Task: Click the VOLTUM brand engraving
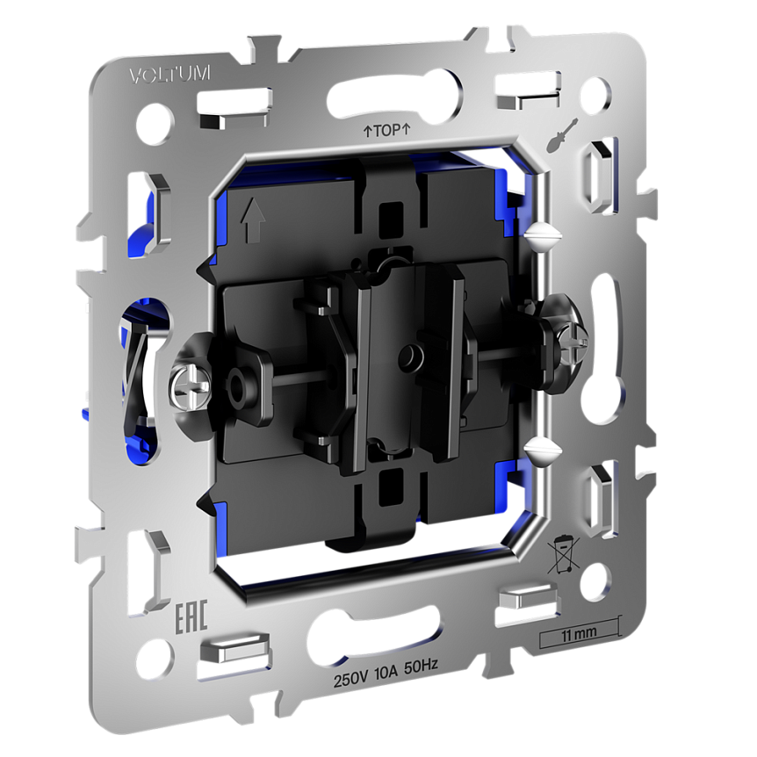coord(169,75)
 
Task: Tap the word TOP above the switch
coord(387,130)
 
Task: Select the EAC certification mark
coord(191,616)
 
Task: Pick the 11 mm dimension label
coord(579,633)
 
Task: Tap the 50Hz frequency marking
coord(421,667)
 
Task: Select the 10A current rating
coord(386,674)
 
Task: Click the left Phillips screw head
coord(191,386)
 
